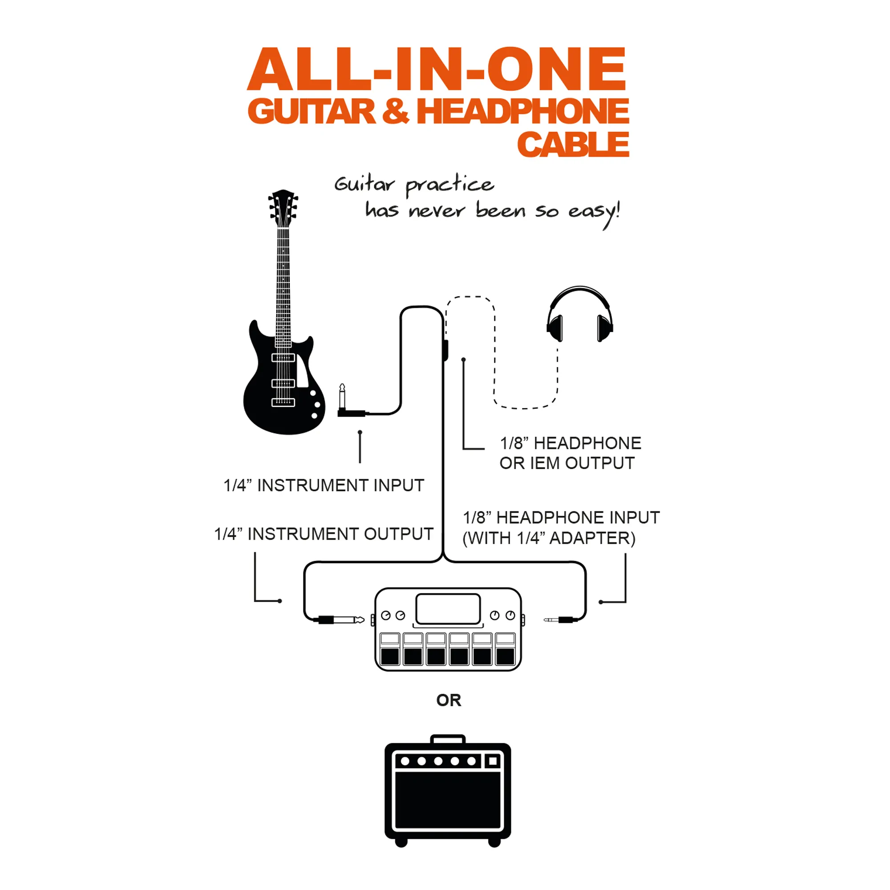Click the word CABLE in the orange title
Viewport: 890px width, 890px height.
(573, 144)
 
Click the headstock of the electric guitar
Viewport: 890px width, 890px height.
(283, 208)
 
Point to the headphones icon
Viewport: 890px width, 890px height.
(579, 314)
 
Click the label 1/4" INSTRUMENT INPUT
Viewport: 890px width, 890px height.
(324, 485)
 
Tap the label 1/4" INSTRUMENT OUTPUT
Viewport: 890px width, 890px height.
(324, 534)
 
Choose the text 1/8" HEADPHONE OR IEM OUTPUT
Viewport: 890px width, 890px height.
(570, 453)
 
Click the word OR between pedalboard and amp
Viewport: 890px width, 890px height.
(449, 700)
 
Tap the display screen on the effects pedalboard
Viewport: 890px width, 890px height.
(448, 608)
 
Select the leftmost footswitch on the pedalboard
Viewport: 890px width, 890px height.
(390, 649)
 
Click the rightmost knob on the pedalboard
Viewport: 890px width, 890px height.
(510, 615)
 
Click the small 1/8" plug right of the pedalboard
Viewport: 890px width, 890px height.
(560, 620)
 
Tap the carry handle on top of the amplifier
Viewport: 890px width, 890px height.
(448, 739)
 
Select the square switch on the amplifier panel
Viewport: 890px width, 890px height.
(494, 761)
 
